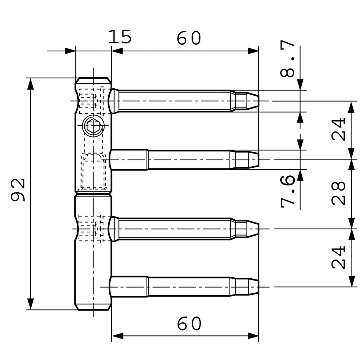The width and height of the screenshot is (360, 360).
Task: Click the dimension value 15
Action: coord(120,37)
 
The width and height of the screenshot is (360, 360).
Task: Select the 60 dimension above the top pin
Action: coord(189,38)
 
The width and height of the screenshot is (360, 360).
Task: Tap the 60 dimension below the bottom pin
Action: coord(189,324)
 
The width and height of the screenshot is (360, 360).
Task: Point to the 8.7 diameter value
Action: coord(288,58)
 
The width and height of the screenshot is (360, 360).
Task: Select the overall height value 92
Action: coord(18,190)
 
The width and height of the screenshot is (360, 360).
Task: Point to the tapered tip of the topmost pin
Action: coord(252,101)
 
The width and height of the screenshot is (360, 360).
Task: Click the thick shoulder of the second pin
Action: coord(129,160)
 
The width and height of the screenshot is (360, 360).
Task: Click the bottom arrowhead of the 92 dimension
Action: coord(31,304)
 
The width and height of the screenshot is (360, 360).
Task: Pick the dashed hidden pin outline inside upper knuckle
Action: coord(94,171)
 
